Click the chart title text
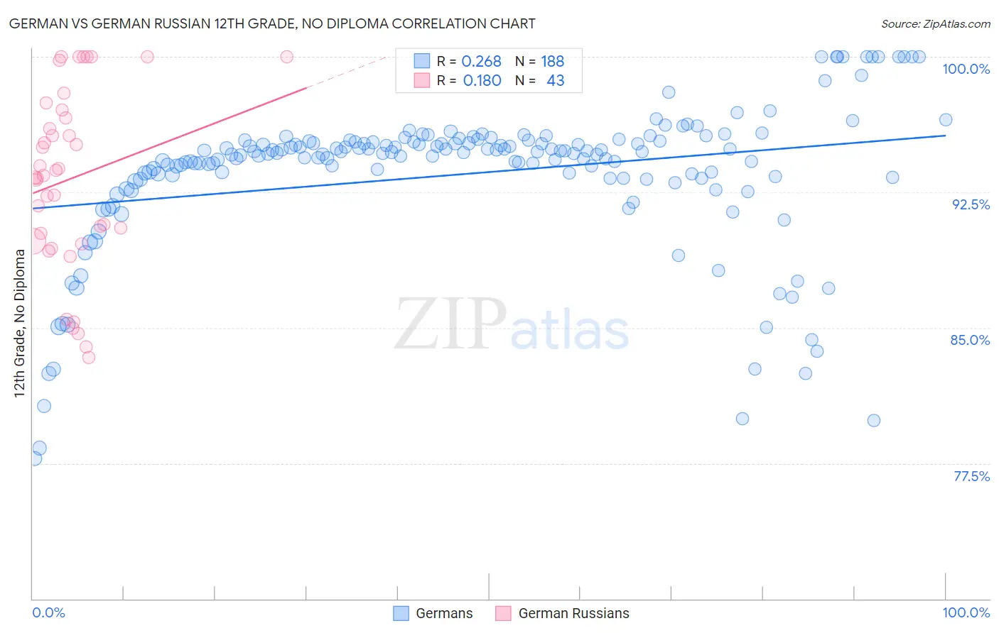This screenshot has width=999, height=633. (273, 23)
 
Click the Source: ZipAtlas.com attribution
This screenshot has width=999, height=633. (935, 23)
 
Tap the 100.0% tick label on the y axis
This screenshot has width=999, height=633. (966, 69)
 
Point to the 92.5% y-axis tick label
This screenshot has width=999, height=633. (970, 204)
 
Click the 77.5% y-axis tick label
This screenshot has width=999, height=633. (971, 476)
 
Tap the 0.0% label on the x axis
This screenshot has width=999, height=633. (48, 612)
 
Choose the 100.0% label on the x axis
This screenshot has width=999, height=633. (966, 612)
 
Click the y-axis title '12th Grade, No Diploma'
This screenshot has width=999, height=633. (20, 324)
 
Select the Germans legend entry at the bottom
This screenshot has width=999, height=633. (433, 613)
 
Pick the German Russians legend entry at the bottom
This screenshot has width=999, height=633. (562, 613)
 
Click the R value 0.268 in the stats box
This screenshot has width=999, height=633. (481, 62)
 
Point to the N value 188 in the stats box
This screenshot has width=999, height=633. (552, 62)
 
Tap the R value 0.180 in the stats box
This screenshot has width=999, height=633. (482, 81)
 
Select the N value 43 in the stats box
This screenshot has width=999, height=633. (555, 81)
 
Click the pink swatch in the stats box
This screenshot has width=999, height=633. (422, 80)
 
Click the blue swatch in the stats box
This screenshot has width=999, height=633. (422, 61)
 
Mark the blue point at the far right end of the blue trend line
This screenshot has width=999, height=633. (945, 120)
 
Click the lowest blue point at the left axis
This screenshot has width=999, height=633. (33, 458)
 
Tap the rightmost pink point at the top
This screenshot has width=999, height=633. (286, 57)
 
